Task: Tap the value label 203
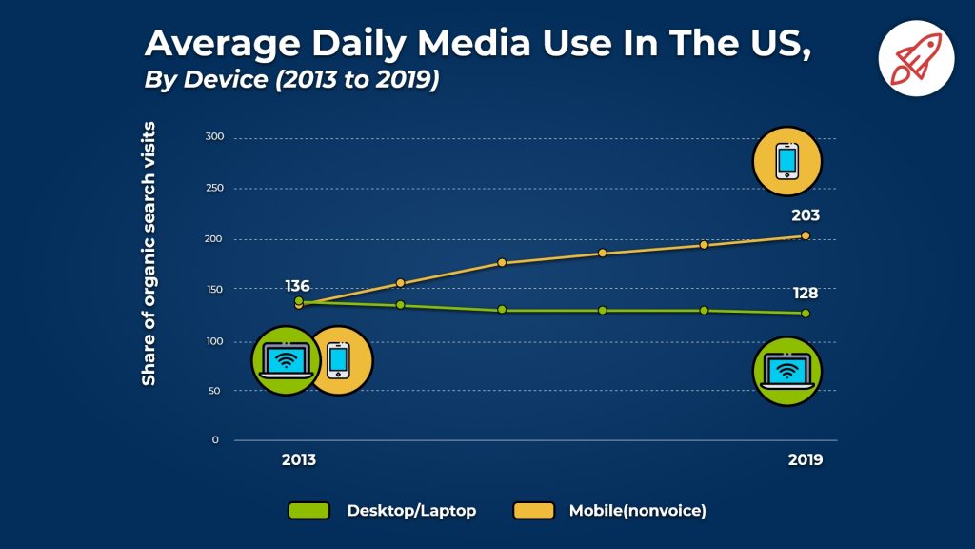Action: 804,215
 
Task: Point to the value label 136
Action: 298,286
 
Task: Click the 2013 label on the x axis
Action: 298,458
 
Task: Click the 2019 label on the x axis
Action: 806,458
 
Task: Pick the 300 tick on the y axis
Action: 214,137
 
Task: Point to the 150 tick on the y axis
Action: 214,290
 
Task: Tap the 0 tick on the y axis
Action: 215,440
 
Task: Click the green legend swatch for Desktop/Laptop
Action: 308,511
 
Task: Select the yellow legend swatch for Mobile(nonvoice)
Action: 533,511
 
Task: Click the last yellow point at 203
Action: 806,235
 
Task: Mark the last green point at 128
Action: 806,313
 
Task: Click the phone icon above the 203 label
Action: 786,161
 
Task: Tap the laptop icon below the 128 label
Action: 786,371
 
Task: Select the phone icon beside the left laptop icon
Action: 339,360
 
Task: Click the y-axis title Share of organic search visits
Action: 149,254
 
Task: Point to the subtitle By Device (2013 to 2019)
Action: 290,80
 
